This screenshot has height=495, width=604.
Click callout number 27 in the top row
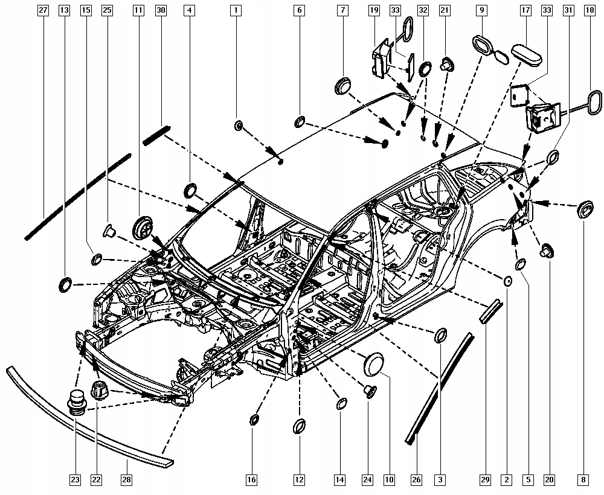point(42,10)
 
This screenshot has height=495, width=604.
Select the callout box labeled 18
point(588,10)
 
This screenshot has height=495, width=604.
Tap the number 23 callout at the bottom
point(74,480)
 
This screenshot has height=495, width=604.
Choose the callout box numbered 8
point(583,480)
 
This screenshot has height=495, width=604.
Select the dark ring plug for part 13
point(65,284)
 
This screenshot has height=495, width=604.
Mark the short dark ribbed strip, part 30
point(158,135)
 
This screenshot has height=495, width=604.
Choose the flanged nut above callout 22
point(98,389)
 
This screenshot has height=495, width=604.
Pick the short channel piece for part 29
point(490,311)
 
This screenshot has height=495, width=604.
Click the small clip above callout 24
point(370,391)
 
